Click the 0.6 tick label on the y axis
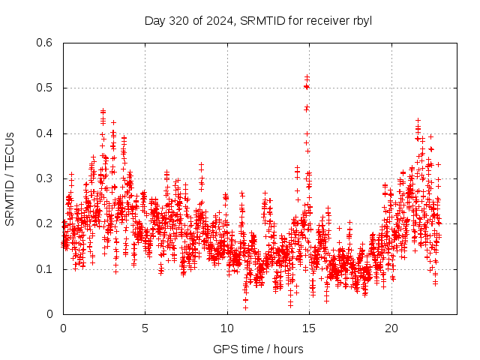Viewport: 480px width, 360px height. click(45, 43)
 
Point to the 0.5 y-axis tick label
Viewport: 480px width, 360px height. click(45, 88)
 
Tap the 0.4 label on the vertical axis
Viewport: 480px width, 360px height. click(45, 133)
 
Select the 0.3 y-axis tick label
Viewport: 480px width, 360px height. click(45, 178)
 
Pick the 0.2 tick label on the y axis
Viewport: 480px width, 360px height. click(45, 224)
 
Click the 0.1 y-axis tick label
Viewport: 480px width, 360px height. click(45, 269)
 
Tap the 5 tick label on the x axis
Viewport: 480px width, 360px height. click(145, 328)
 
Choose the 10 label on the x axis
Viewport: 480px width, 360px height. click(227, 328)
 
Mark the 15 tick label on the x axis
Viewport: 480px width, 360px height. click(309, 328)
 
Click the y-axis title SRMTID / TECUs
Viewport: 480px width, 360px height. click(10, 178)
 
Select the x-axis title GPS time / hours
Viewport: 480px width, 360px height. click(258, 349)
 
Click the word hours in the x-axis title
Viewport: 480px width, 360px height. click(289, 349)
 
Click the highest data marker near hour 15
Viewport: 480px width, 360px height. click(307, 76)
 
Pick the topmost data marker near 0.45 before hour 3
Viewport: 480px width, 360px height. click(103, 111)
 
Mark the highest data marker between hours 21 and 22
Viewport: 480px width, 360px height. click(418, 120)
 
